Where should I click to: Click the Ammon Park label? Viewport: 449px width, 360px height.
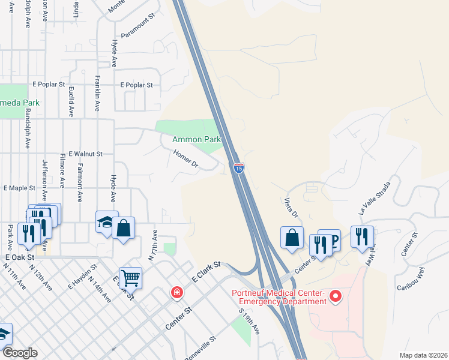point(196,139)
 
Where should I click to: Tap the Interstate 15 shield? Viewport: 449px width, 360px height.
point(238,169)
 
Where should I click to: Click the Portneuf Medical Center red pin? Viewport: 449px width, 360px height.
point(336,296)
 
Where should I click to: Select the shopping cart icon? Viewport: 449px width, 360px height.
point(130,277)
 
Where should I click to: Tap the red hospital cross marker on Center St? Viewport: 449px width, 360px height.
point(176,293)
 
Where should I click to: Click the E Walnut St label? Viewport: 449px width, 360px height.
point(86,154)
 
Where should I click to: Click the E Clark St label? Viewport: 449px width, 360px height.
point(207,271)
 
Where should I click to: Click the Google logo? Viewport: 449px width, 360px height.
point(19,353)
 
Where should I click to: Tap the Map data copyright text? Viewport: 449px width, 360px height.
point(423,355)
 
